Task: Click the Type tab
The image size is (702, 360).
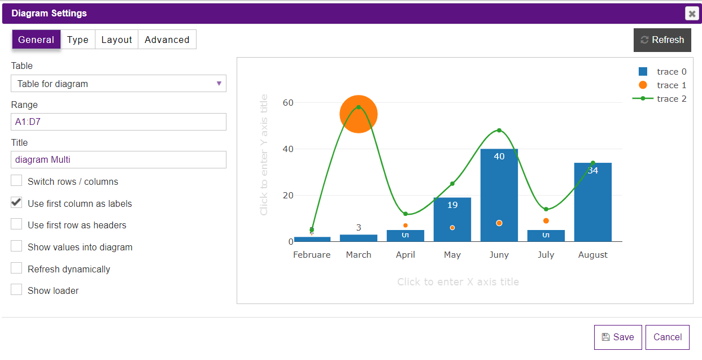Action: click(77, 40)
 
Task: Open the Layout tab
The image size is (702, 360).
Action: click(116, 40)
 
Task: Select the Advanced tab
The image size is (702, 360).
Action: click(167, 40)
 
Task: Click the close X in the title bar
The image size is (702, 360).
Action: click(692, 14)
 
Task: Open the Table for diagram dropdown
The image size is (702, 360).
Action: click(119, 84)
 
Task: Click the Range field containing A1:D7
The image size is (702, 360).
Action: click(119, 122)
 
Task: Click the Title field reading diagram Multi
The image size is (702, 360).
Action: click(119, 159)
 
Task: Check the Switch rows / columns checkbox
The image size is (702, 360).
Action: click(17, 181)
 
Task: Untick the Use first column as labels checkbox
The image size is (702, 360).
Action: click(17, 203)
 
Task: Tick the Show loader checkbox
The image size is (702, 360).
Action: click(17, 290)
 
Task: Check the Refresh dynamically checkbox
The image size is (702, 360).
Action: click(17, 268)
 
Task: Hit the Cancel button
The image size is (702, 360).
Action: click(667, 337)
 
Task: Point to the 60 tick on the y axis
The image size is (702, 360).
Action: click(288, 103)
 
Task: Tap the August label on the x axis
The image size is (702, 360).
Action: click(593, 255)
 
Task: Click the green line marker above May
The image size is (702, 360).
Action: click(452, 184)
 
